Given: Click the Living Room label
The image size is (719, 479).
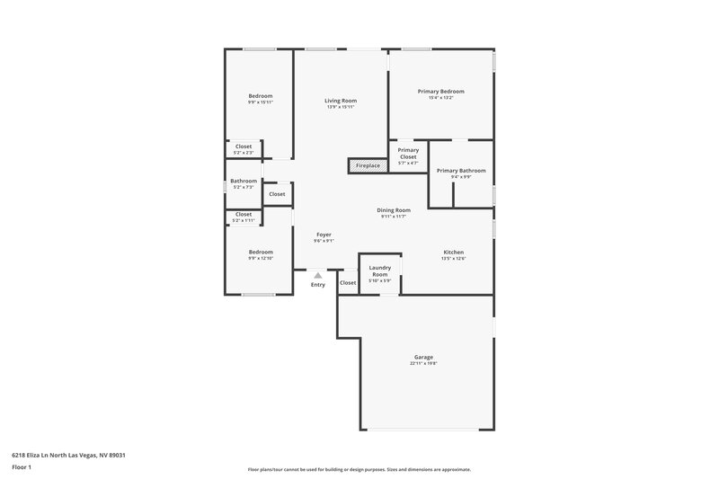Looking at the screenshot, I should tap(341, 101).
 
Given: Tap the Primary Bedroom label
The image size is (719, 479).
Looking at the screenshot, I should tap(440, 91).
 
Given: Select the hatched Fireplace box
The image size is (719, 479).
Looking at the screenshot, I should tap(366, 166).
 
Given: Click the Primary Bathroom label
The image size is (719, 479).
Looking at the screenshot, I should tap(461, 171).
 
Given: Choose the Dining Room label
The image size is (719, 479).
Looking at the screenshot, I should tap(395, 210).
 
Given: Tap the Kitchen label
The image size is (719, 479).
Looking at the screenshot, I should tap(453, 252).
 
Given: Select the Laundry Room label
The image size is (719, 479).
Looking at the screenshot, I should tap(379, 271).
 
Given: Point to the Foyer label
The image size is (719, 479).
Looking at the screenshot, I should tap(324, 235).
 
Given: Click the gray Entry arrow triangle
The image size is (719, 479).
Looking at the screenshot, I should tap(318, 276).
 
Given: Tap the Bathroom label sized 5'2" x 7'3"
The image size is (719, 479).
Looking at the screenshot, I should tap(244, 181).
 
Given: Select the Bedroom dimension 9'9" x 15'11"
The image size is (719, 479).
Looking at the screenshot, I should tap(260, 102).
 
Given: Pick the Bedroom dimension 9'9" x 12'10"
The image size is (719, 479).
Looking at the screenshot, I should tap(260, 259).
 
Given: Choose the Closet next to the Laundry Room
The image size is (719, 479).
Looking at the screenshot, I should tap(348, 283).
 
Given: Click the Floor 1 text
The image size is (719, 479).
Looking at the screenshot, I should tap(22, 468).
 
